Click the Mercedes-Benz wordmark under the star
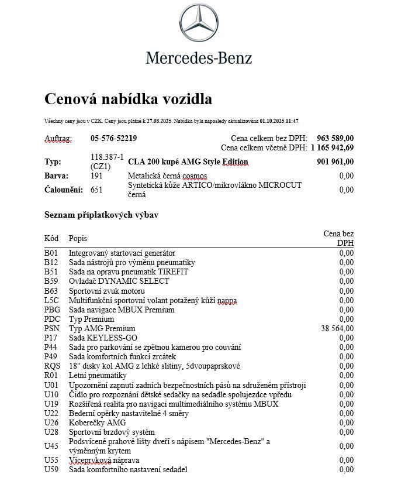coord(199,58)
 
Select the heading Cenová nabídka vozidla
coord(128,99)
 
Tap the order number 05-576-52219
coord(113,139)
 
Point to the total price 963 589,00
coord(335,139)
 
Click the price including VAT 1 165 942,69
coord(332,148)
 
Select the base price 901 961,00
coord(335,162)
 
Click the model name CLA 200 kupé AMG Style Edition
coord(188,162)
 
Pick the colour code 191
coord(96,176)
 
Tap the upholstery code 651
coord(96,190)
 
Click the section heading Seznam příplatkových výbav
coord(101,215)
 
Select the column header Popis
coord(78,238)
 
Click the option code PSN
coord(52,328)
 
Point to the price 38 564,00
coord(337,328)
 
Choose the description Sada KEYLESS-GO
coord(103,338)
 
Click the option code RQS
coord(52,366)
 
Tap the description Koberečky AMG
coord(97,422)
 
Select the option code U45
coord(52,446)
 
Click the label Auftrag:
coord(58,139)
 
